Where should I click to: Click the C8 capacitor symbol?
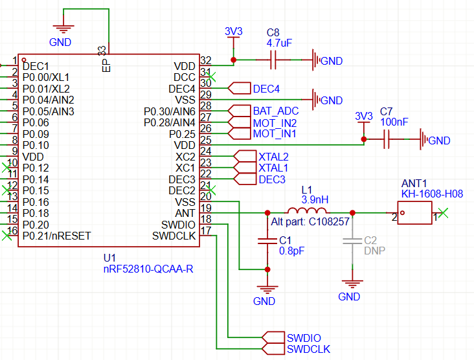tap(273, 60)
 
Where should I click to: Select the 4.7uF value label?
tap(279, 42)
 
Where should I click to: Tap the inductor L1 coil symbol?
tap(307, 212)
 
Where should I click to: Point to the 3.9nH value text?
tap(315, 199)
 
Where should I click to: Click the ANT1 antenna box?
tap(414, 212)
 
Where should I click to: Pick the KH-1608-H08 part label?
tap(432, 194)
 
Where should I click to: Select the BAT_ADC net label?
tap(275, 111)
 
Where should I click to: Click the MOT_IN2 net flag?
tap(275, 122)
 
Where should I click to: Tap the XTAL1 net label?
tap(273, 168)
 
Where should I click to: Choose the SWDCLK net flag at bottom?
tap(308, 349)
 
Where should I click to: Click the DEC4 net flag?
tap(266, 89)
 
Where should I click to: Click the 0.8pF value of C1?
tap(291, 251)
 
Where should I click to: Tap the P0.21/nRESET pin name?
tap(56, 236)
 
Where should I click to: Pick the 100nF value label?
tap(394, 122)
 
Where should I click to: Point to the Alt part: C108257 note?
tap(311, 221)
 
